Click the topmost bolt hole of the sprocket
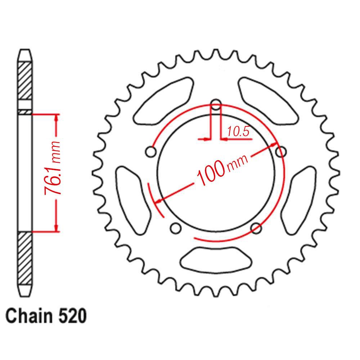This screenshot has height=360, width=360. click(x=216, y=105)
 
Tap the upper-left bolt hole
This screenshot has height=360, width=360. click(x=151, y=152)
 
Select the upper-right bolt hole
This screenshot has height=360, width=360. click(x=281, y=152)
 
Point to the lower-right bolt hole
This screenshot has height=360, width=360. click(x=256, y=228)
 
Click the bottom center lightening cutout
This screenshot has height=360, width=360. click(x=216, y=258)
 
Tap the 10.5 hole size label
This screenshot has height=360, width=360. click(x=238, y=132)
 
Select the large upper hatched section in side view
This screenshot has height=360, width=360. click(x=25, y=81)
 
